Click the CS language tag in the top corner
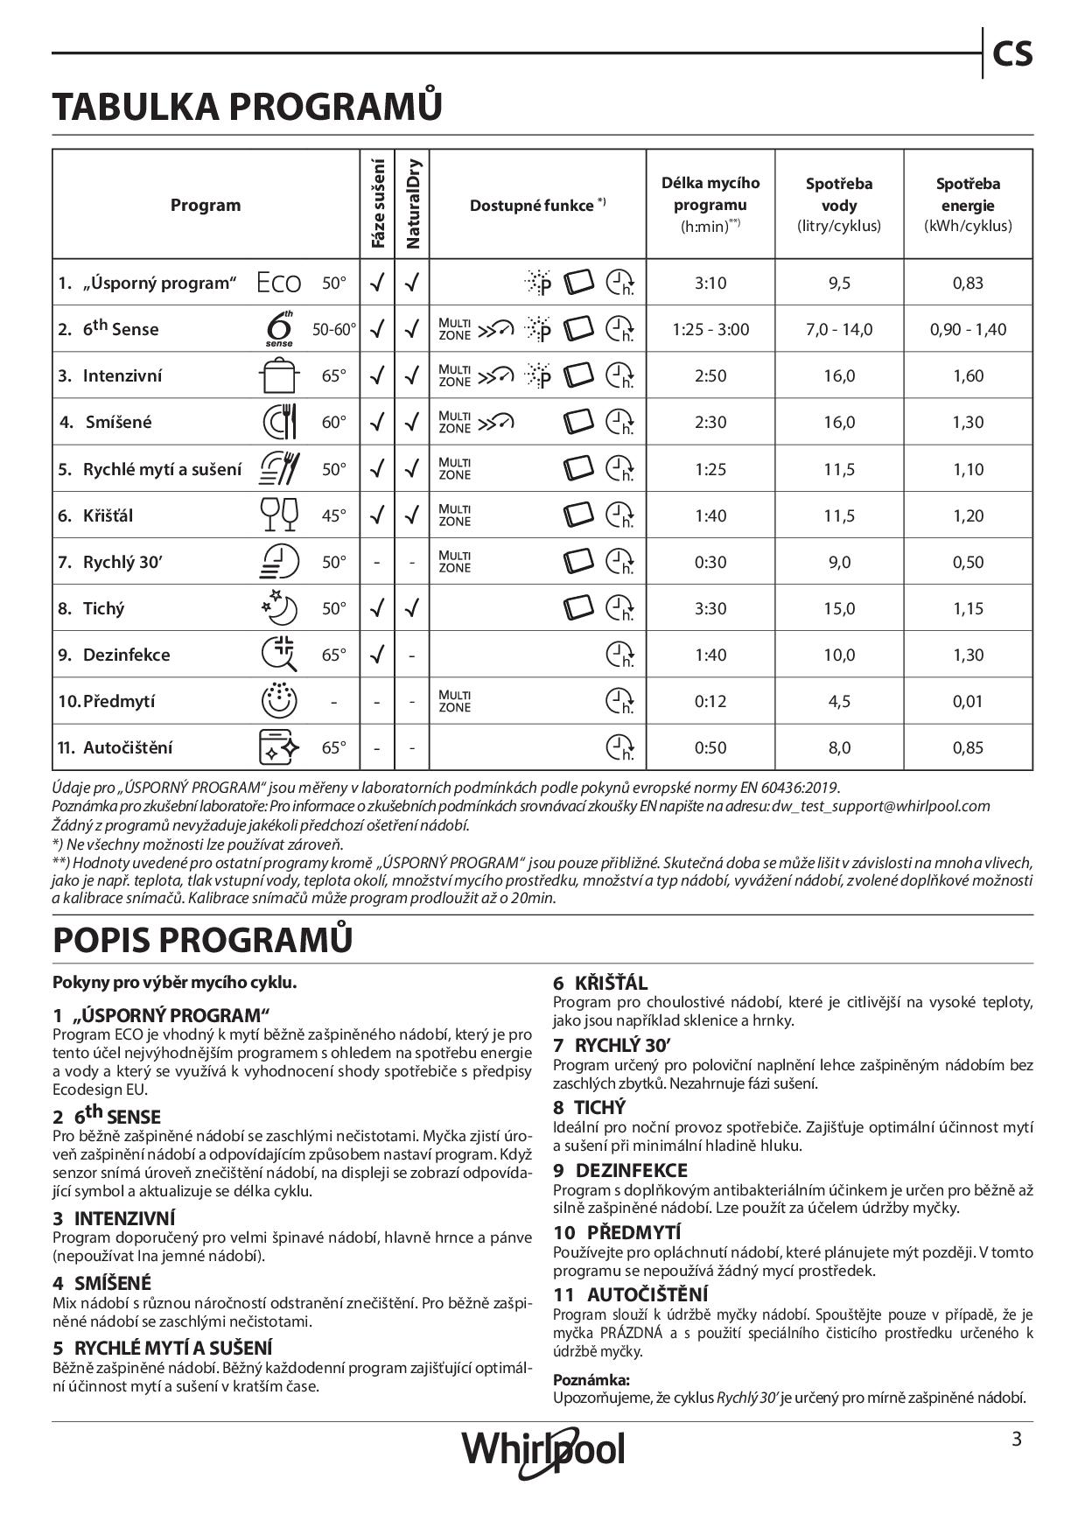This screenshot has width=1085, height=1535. pos(1012,54)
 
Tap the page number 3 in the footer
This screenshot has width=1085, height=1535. pos(1016,1439)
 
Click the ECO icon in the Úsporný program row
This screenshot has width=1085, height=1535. pos(279,283)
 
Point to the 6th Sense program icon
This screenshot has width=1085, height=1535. pos(279,329)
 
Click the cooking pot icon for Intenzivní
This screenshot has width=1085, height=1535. pos(279,376)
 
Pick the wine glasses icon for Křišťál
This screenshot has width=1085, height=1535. pos(279,515)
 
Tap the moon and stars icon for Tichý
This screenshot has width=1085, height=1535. pos(279,608)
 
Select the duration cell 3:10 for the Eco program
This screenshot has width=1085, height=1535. pos(710,283)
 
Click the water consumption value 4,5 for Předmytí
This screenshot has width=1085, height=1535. pos(839,701)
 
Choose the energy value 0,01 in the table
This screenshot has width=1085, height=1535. pos(968,701)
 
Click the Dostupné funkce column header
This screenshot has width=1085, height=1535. pos(537,206)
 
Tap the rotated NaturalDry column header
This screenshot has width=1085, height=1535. pos(413,204)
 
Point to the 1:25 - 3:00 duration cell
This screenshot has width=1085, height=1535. pos(710,330)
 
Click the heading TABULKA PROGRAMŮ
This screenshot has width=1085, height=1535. pos(248,107)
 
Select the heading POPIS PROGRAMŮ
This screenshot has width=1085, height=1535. pos(203,939)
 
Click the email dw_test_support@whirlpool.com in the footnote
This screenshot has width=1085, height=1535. pos(881,806)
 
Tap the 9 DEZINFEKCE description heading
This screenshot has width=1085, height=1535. pos(619,1170)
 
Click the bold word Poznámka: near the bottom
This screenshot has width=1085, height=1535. pos(585,1379)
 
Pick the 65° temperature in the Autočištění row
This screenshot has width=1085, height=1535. pos(333,747)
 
